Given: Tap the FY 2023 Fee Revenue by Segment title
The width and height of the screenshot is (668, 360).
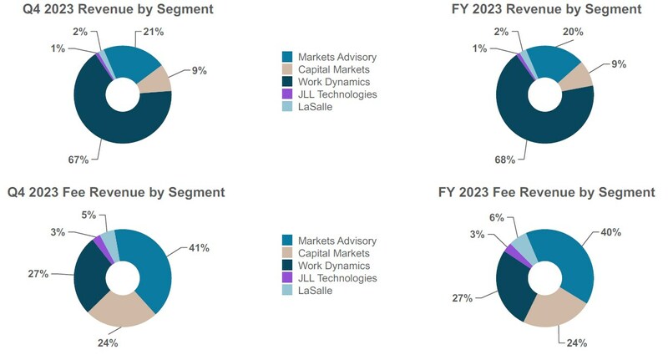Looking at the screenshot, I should tap(546, 192).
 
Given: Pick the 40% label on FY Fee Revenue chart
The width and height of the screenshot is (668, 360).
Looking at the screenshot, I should tap(610, 232).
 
